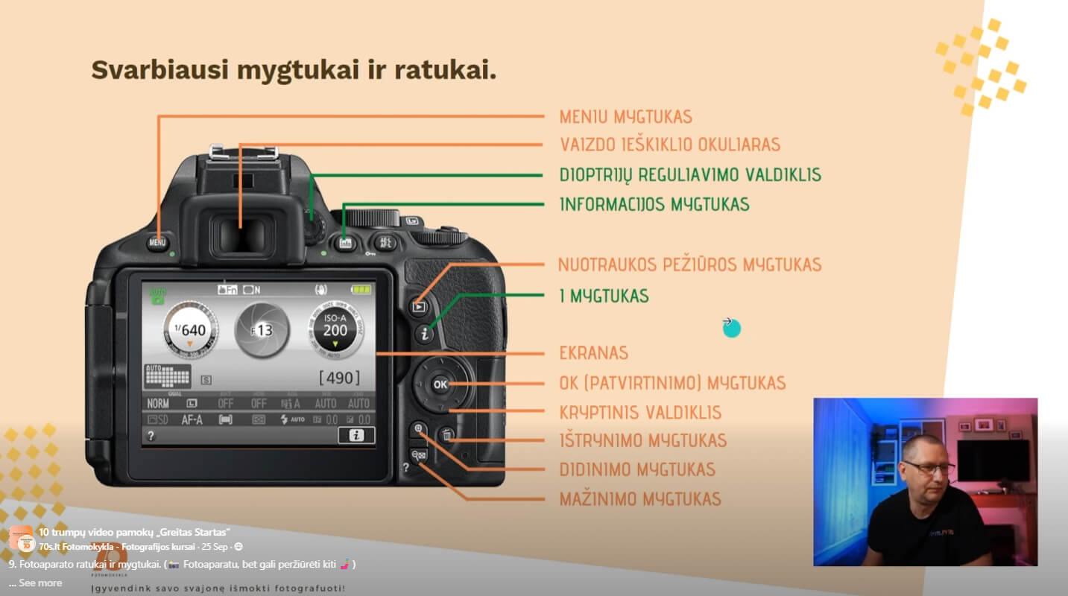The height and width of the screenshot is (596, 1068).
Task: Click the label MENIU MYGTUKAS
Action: [625, 117]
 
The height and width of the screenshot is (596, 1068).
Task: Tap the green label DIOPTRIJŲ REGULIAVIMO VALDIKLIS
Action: [689, 175]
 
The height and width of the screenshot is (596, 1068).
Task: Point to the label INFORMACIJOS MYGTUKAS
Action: [654, 204]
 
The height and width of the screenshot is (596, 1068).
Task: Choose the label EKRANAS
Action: [593, 353]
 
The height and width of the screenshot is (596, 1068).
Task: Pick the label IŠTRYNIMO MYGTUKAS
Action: [642, 440]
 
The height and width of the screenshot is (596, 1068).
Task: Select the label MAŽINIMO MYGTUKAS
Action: [639, 499]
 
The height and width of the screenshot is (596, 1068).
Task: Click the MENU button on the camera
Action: [157, 242]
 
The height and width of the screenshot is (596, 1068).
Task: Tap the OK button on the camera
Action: [440, 384]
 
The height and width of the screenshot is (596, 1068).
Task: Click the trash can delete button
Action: [446, 435]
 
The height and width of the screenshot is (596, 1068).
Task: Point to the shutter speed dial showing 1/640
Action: [190, 330]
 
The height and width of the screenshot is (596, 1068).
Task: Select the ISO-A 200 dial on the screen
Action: [335, 330]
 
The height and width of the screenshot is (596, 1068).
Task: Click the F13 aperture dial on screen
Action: [262, 330]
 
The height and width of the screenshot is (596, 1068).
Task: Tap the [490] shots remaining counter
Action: [339, 378]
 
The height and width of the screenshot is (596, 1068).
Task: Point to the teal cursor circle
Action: [732, 328]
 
